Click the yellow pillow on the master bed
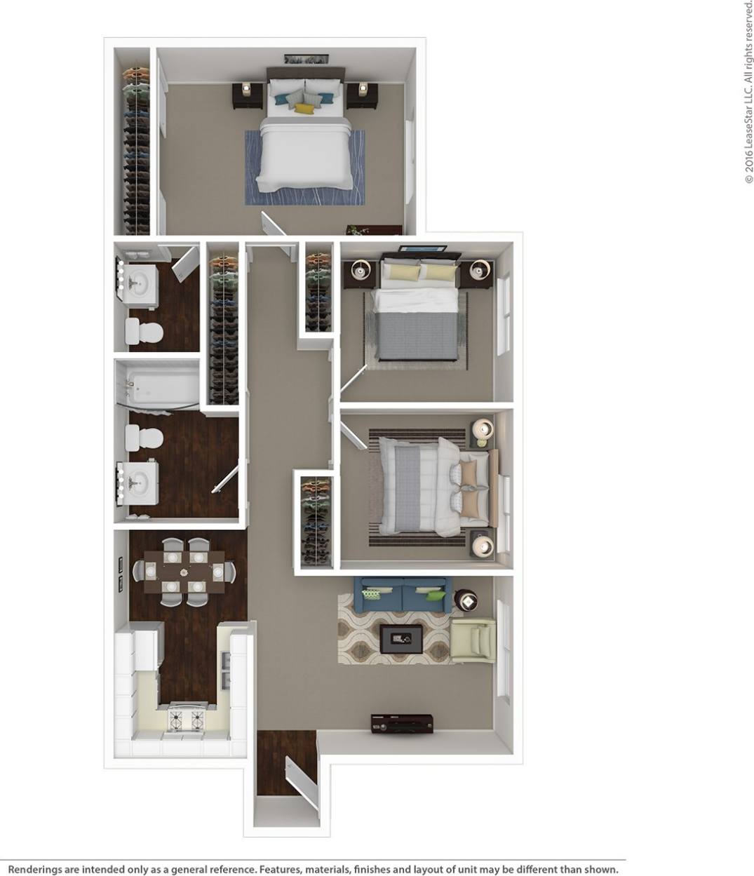tap(303, 109)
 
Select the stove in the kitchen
tap(187, 719)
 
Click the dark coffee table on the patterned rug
tap(400, 639)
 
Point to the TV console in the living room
tap(401, 723)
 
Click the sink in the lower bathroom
tap(138, 483)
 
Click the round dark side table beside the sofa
tap(465, 600)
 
